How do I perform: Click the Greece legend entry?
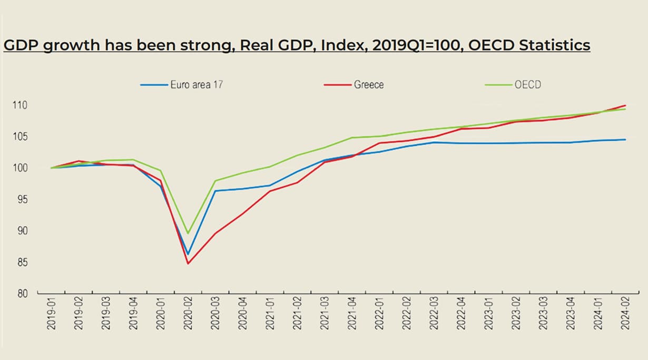[x=369, y=84]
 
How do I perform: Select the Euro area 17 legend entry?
[x=196, y=84]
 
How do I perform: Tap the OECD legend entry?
[x=527, y=84]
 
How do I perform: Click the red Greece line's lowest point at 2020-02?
[x=188, y=264]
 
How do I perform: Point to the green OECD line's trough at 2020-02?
[x=188, y=233]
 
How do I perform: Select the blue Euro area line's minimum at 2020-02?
[x=188, y=255]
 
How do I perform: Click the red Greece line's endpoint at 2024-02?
[x=625, y=105]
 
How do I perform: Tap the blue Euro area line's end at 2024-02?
[x=625, y=140]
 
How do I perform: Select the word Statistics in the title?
[x=555, y=45]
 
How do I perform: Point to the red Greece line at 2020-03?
[x=215, y=233]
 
